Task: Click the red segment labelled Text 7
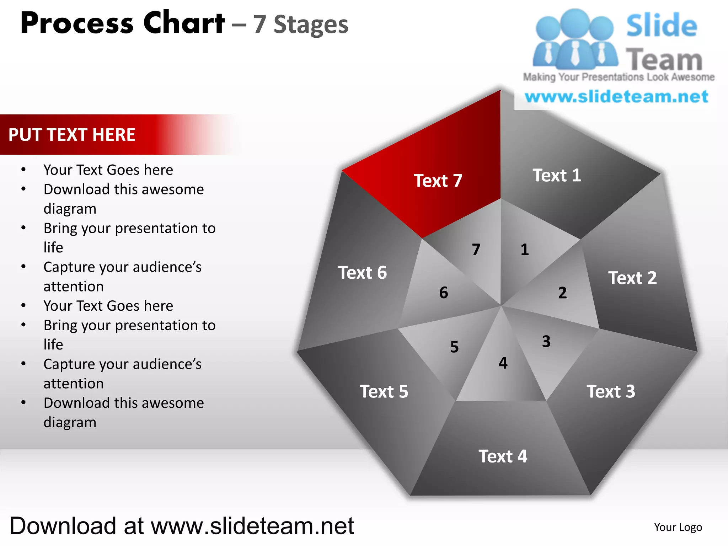tap(438, 181)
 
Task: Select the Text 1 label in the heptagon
tap(557, 175)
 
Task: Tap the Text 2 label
tap(632, 278)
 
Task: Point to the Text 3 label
tap(611, 391)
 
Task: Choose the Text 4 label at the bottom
tap(503, 456)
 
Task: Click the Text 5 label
tap(384, 391)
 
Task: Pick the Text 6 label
tap(362, 273)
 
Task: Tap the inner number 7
tap(476, 250)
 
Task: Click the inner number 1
tap(525, 250)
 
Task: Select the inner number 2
tap(562, 293)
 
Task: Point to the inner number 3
tap(546, 342)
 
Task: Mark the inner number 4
tap(503, 363)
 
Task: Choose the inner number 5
tap(454, 347)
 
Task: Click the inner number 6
tap(444, 293)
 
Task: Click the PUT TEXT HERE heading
tap(72, 135)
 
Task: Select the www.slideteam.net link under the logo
tap(616, 97)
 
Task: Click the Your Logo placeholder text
tap(678, 527)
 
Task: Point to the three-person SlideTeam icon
tap(575, 40)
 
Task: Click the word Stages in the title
tap(311, 25)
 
